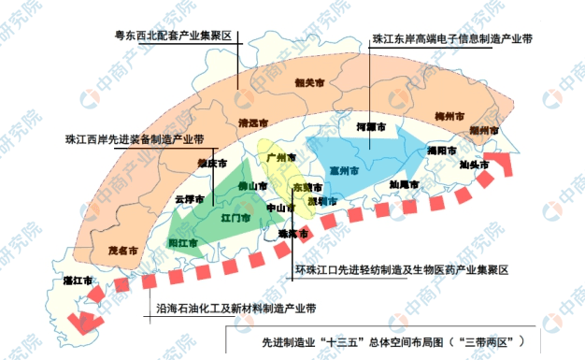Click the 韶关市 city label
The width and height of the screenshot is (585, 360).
click(x=308, y=81)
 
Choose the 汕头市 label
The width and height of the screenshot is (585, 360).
click(x=474, y=165)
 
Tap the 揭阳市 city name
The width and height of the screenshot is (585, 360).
click(x=440, y=150)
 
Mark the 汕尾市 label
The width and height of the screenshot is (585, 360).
click(x=405, y=184)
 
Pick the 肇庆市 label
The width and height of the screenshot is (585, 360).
click(x=212, y=163)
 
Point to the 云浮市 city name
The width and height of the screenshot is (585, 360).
click(x=191, y=198)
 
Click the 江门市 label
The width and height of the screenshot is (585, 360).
click(x=235, y=218)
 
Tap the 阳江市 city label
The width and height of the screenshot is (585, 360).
click(x=182, y=243)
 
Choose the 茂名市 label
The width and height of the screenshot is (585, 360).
click(x=122, y=250)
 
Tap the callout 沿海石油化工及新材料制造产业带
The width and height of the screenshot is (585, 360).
click(x=236, y=307)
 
